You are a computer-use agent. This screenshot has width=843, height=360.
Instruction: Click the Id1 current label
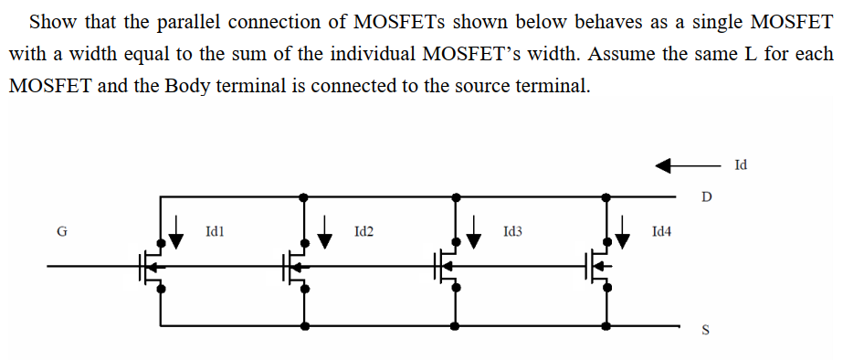[x=216, y=233]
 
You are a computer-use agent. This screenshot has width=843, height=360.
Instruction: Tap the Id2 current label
[x=363, y=233]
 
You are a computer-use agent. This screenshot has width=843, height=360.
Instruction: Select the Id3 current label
[x=512, y=233]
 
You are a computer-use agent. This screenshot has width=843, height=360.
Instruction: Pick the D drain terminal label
[x=705, y=196]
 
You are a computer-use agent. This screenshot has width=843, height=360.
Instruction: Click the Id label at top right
[x=740, y=165]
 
